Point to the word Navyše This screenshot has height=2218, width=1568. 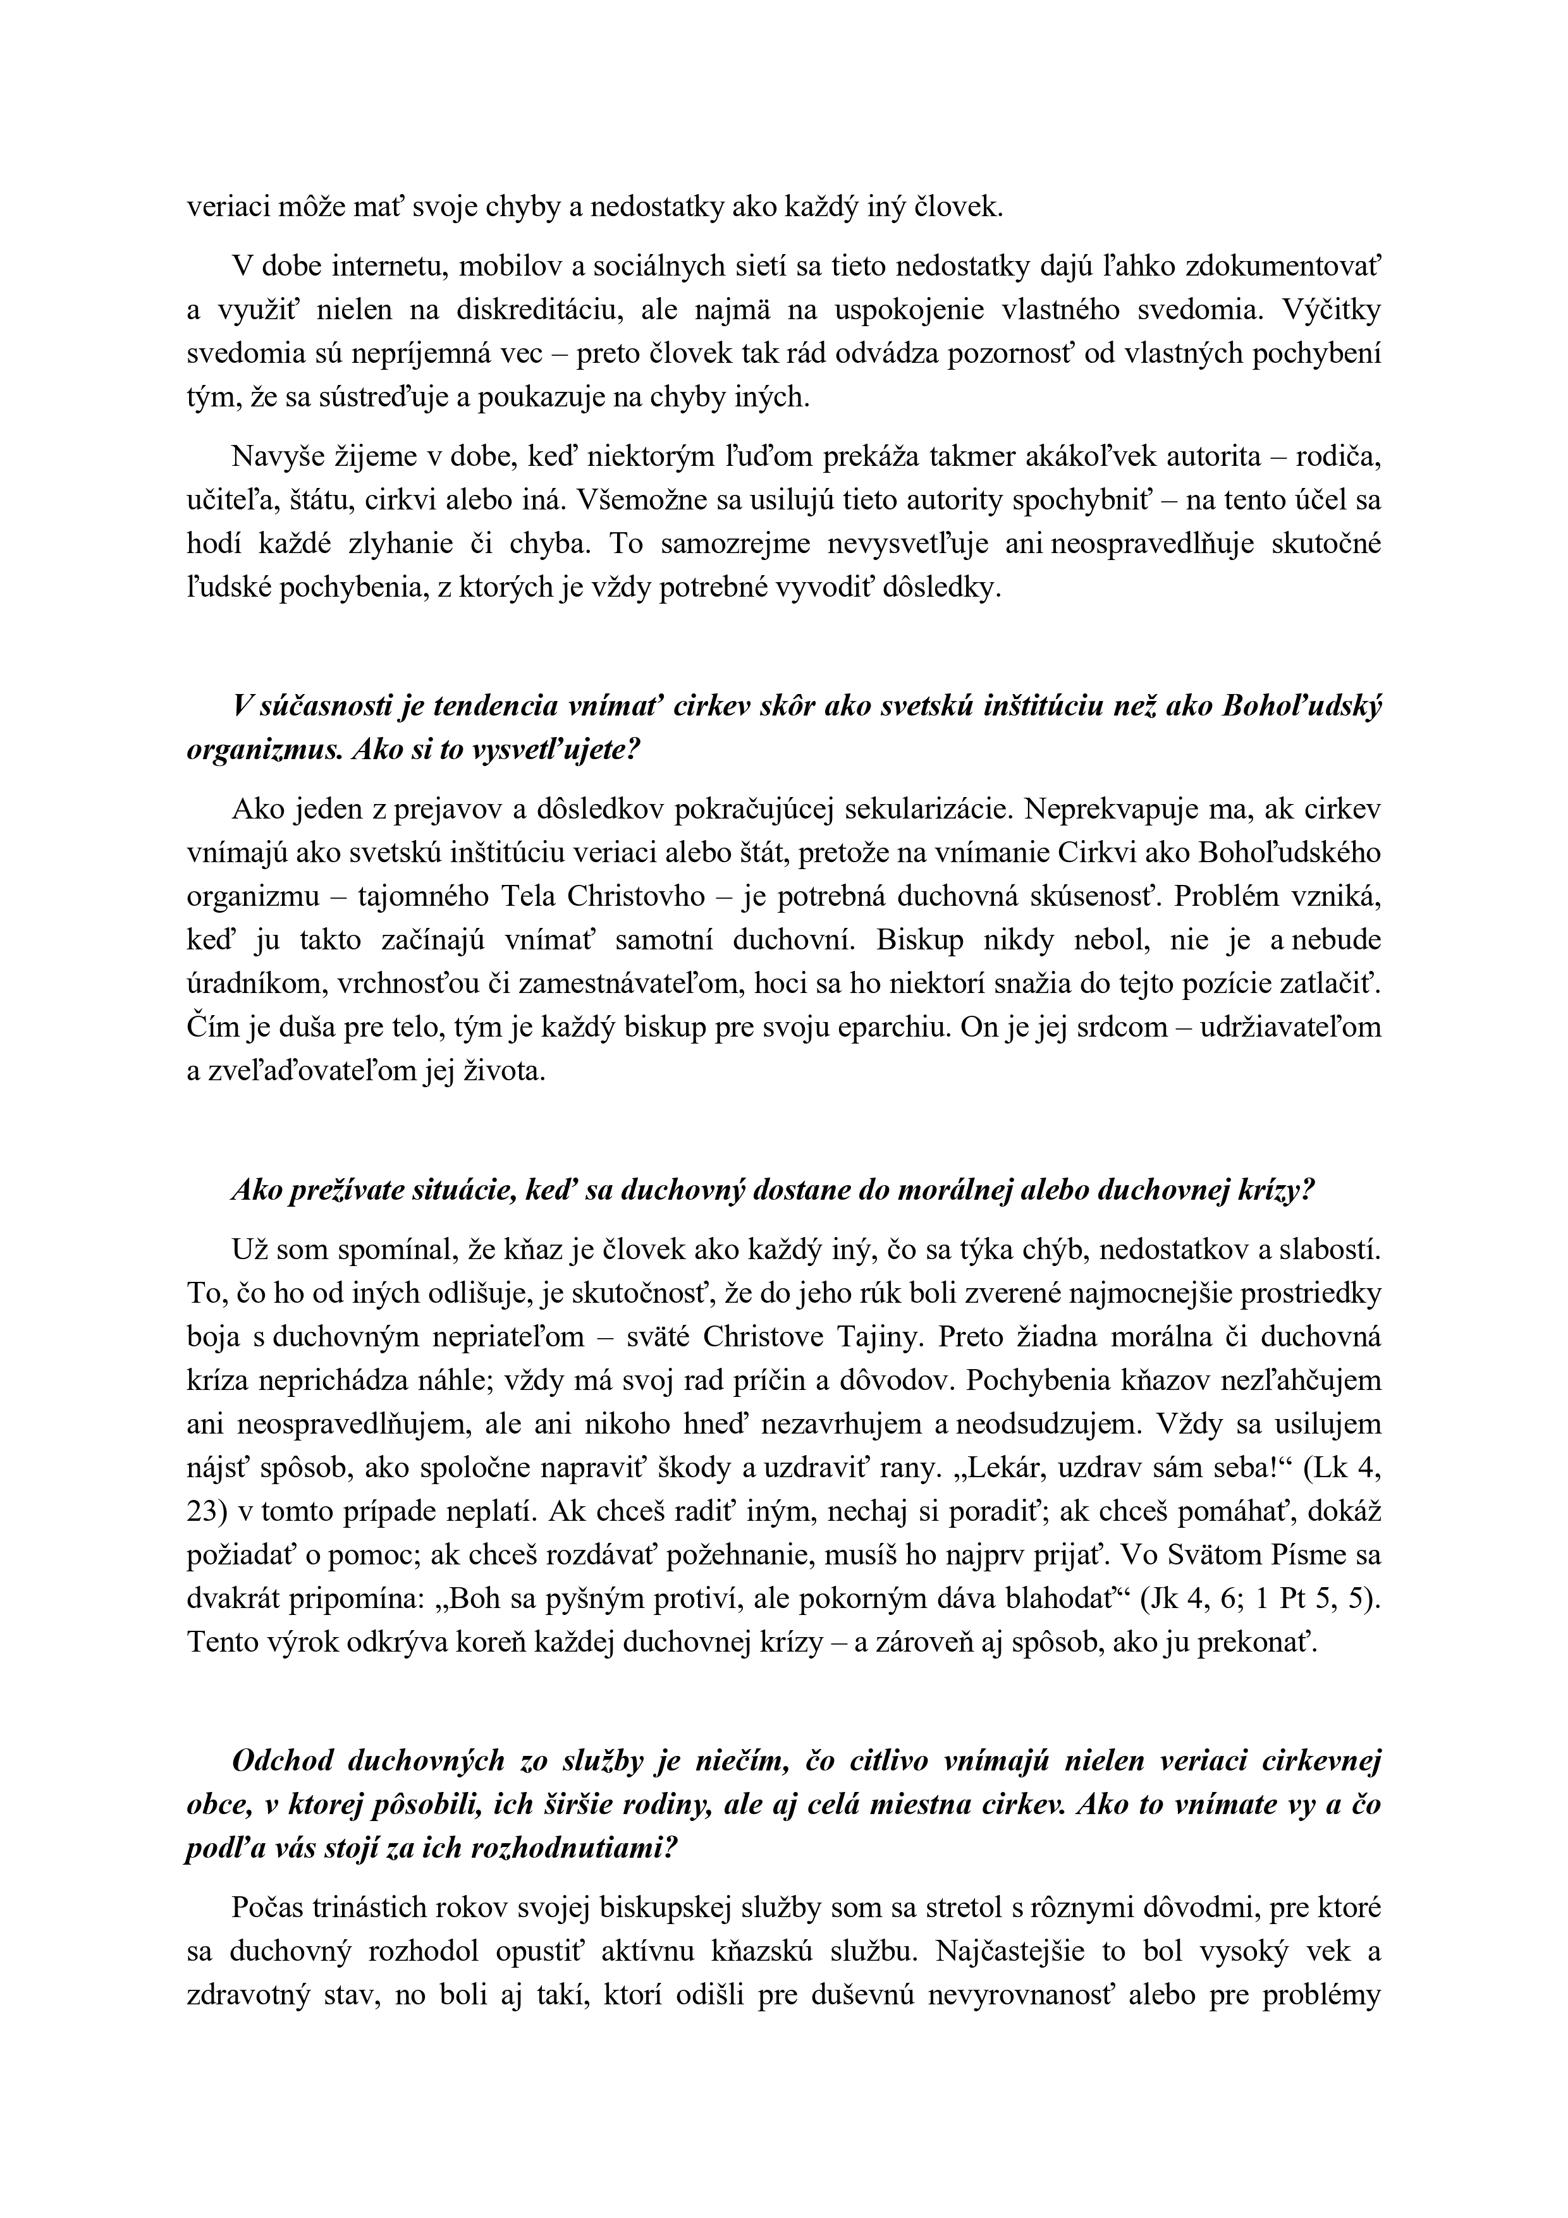(276, 456)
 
